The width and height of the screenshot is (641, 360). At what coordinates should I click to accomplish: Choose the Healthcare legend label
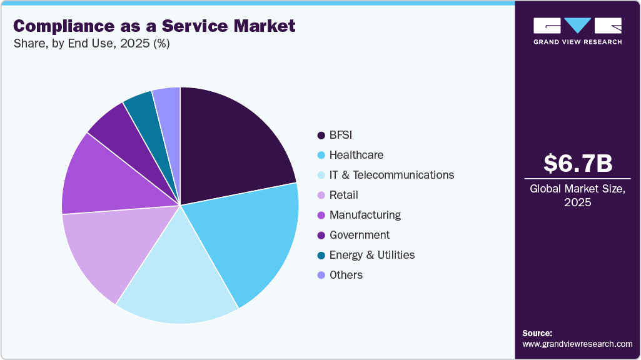click(x=356, y=155)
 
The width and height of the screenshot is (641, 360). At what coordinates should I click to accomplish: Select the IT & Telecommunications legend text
click(x=391, y=175)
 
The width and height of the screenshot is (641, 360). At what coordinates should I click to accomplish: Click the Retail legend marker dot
click(x=321, y=195)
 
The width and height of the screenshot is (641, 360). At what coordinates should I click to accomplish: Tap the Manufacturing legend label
click(x=365, y=215)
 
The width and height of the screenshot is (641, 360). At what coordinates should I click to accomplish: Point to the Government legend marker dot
click(x=321, y=235)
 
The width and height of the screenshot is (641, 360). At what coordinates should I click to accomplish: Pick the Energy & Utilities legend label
click(x=372, y=255)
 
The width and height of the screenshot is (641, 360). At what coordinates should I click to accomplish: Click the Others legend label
click(x=346, y=275)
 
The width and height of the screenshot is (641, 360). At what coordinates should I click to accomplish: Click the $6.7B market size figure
click(x=577, y=164)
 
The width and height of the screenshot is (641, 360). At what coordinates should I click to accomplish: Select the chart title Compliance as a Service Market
click(x=154, y=26)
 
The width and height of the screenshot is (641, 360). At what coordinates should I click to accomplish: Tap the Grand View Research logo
click(x=577, y=31)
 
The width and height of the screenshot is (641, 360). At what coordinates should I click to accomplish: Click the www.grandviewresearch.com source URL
click(x=577, y=344)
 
